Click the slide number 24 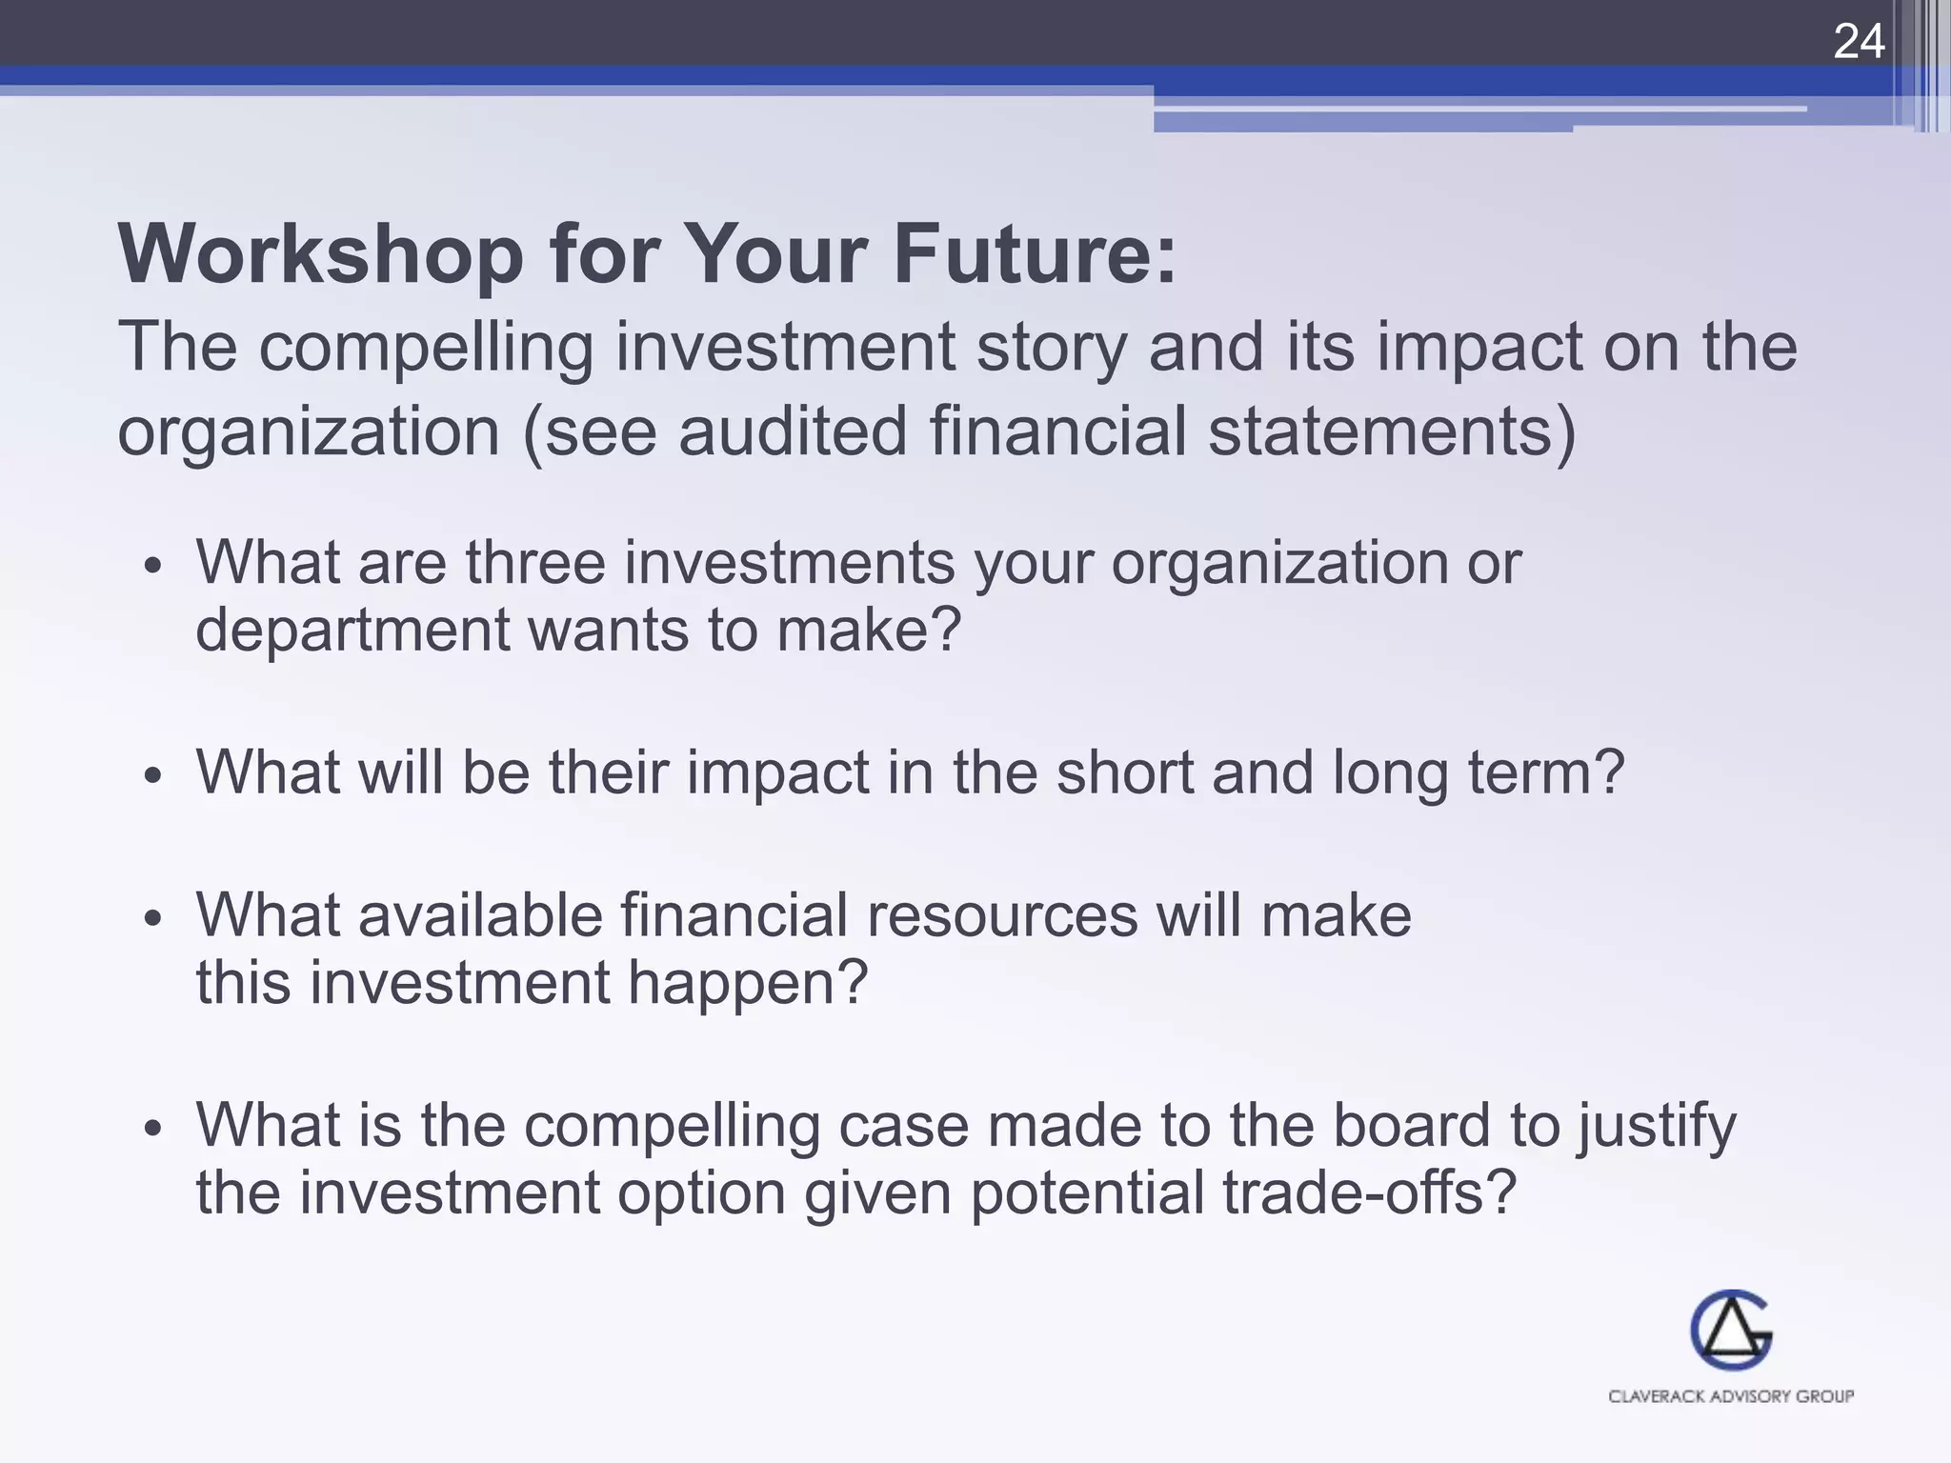point(1859,42)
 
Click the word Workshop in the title point(320,254)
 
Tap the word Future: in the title point(1035,254)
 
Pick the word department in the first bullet point(352,631)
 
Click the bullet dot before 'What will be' point(153,775)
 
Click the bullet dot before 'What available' point(153,919)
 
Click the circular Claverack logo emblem point(1730,1330)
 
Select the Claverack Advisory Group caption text point(1730,1396)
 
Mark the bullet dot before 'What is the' point(153,1130)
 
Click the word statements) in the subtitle point(1392,431)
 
